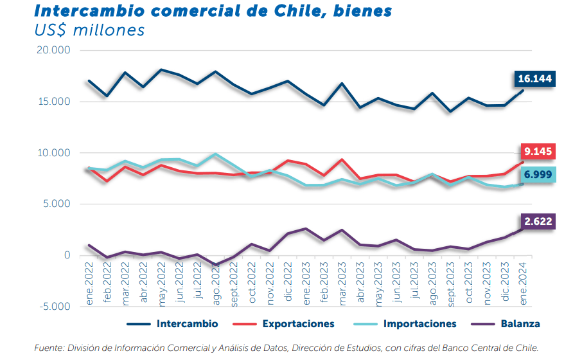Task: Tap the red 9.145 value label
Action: (x=538, y=152)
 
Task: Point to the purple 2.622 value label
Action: (x=538, y=222)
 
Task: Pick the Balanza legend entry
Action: (x=521, y=324)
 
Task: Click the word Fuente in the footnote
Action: (x=49, y=348)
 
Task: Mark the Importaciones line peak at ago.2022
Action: (x=215, y=154)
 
